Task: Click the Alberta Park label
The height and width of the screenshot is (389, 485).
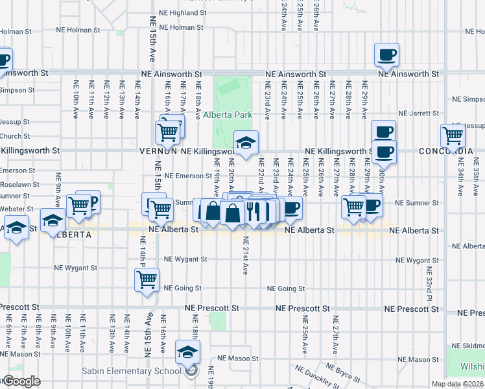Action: coord(227,115)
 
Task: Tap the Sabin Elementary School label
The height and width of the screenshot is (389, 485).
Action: coord(140,371)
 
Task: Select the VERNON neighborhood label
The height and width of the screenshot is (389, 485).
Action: coord(158,150)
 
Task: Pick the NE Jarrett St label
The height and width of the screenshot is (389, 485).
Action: coord(419,113)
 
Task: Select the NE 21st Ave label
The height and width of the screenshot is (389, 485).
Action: coord(246,255)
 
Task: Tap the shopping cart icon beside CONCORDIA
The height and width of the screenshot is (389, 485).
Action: coord(452,136)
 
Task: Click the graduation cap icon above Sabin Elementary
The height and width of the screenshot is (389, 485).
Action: coord(187,352)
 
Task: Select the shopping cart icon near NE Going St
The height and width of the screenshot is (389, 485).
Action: coord(147,279)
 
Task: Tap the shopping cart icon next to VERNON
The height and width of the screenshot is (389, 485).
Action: coord(167,132)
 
